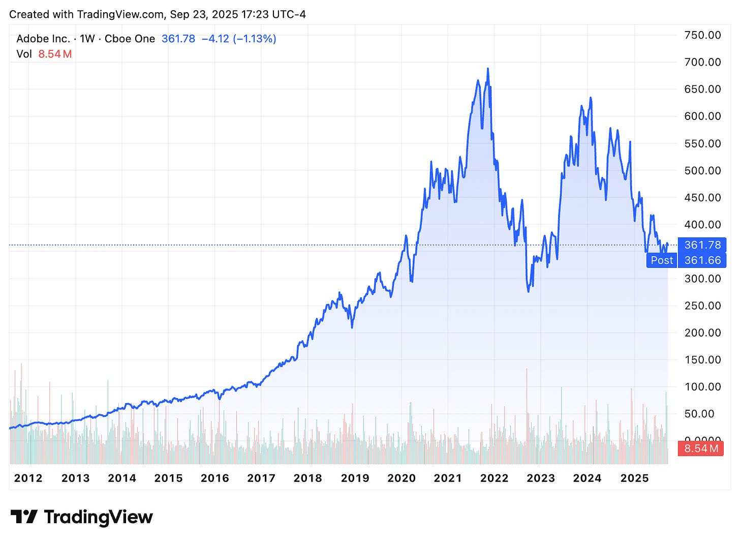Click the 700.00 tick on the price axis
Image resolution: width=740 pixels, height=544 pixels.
[x=702, y=62]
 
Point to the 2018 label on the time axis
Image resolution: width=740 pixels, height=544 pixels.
[x=307, y=478]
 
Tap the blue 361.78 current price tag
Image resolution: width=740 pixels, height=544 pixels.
[x=702, y=245]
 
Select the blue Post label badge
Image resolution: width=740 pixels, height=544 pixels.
[x=661, y=260]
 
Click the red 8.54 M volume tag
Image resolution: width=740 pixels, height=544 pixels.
[x=701, y=448]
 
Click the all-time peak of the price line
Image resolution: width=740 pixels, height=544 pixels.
[x=488, y=69]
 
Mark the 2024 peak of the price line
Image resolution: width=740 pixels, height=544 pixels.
[x=590, y=98]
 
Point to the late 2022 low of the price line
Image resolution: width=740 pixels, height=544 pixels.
[x=529, y=291]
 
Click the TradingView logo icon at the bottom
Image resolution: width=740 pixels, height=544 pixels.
[x=24, y=517]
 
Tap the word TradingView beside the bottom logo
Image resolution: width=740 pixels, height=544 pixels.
[x=98, y=517]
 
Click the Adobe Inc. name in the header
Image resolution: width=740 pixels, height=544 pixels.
[x=43, y=39]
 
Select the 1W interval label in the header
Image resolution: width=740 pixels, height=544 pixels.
[x=87, y=39]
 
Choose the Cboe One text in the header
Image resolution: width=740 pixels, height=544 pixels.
[x=130, y=39]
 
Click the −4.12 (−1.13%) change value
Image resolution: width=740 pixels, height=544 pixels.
[x=239, y=39]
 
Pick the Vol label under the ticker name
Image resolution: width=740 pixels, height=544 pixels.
[x=24, y=54]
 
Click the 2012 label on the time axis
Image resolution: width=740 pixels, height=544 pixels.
[x=28, y=478]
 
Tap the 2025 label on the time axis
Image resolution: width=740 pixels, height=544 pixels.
[x=634, y=478]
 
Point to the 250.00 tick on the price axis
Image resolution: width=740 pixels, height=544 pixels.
[x=702, y=306]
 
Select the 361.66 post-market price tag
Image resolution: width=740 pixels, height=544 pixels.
[x=702, y=260]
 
